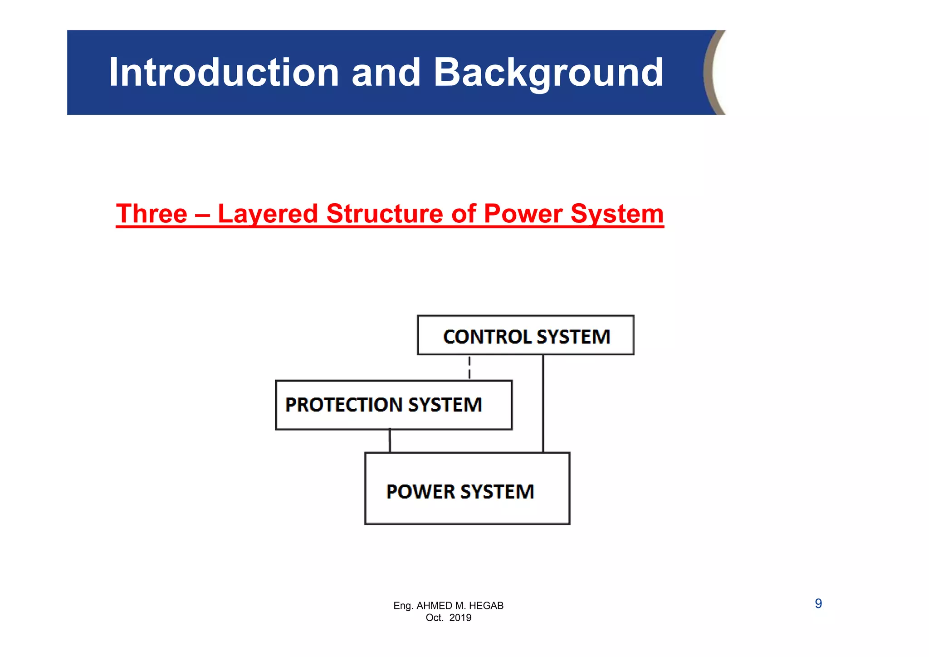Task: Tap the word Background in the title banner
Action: [548, 73]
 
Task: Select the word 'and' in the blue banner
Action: [386, 73]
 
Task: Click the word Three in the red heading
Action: [152, 214]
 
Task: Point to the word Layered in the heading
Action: [268, 214]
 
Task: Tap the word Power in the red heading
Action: [523, 214]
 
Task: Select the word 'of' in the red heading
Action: [463, 214]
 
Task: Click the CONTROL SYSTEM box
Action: [526, 335]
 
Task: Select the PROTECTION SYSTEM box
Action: [393, 405]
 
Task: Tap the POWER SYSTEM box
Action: [467, 489]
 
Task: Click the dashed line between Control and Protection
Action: [469, 368]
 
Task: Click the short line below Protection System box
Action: [390, 441]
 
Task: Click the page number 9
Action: [818, 603]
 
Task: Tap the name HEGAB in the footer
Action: [486, 606]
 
